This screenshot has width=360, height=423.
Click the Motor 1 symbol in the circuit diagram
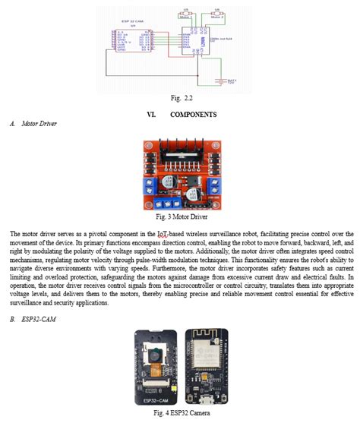[186, 14]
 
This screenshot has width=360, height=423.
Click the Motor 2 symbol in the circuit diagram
[218, 14]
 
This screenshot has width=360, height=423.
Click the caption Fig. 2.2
[180, 98]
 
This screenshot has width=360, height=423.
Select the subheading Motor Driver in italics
[41, 123]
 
